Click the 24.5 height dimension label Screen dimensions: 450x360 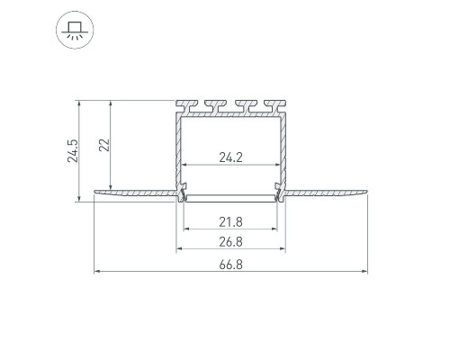73,151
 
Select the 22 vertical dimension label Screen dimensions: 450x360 104,145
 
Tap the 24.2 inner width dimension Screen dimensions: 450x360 230,157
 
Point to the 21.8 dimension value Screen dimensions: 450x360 230,222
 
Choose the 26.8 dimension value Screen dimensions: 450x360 230,242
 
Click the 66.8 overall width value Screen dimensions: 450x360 230,265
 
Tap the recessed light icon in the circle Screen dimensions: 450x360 75,30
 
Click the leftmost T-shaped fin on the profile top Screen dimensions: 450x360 187,106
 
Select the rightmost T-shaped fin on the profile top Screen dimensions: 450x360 274,106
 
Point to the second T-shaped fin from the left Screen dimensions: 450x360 216,106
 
